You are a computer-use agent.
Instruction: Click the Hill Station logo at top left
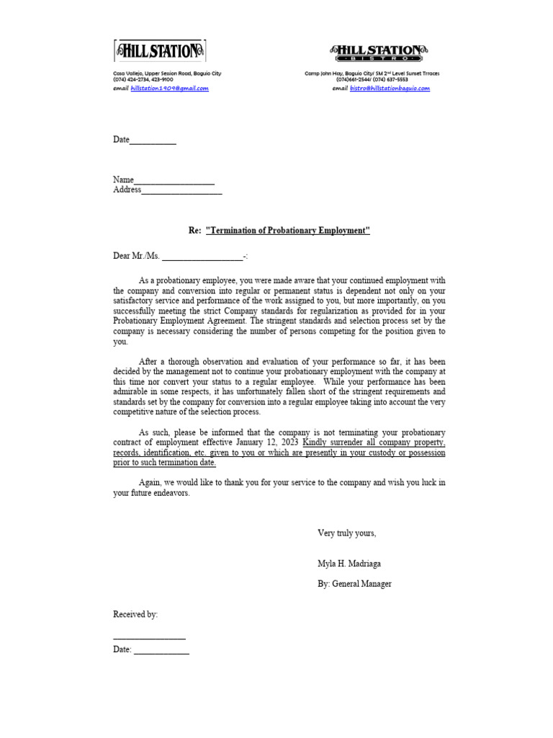point(159,50)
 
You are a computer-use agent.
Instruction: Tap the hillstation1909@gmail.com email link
point(169,88)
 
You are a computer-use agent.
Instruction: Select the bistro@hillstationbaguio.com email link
point(390,88)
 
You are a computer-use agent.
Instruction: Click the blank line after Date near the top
point(153,141)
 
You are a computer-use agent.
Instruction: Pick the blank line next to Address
point(181,191)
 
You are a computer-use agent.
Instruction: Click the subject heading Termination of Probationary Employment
point(287,231)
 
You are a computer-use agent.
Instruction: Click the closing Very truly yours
point(346,533)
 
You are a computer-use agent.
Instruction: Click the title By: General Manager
point(354,584)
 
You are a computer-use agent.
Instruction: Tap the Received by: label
point(135,615)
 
